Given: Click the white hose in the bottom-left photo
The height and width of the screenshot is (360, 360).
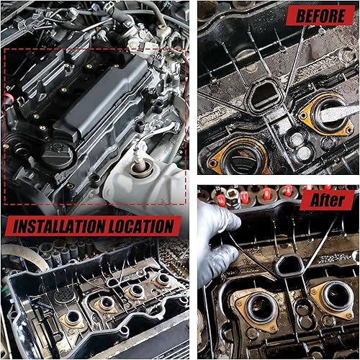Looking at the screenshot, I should click(x=22, y=252).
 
